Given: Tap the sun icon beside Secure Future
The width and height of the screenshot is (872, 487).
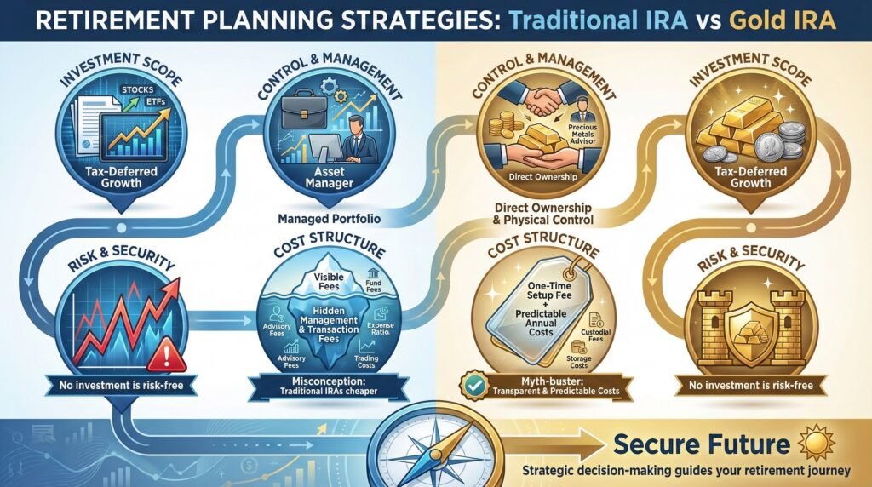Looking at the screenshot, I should (x=806, y=443).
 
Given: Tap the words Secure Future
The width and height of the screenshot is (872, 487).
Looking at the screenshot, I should (x=701, y=444).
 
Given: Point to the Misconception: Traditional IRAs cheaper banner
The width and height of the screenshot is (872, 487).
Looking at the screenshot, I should (x=317, y=387).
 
